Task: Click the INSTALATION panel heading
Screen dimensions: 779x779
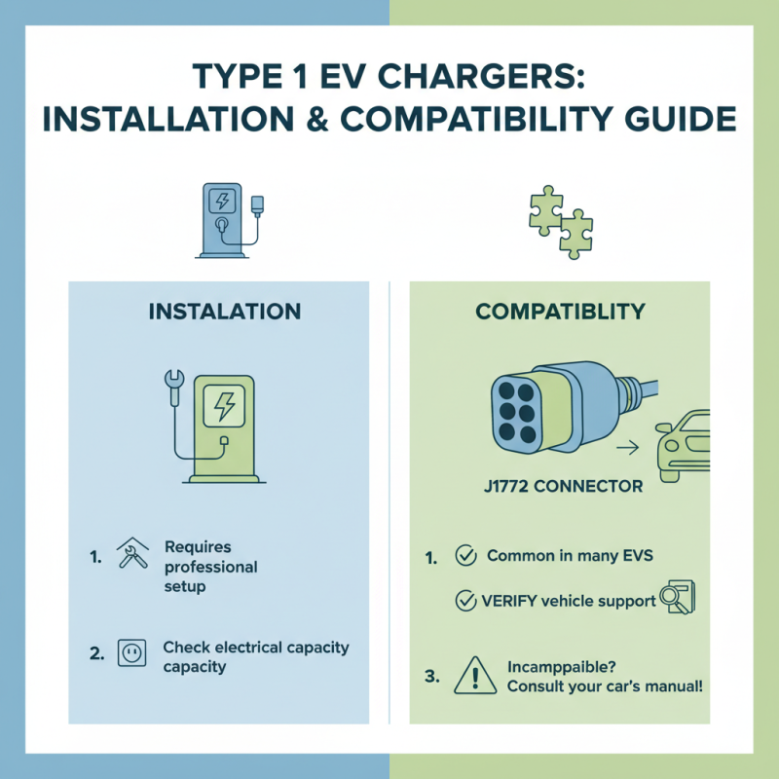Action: click(x=224, y=313)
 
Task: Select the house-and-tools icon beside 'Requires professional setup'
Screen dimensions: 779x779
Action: click(x=131, y=558)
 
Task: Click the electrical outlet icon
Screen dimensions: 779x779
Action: click(x=130, y=653)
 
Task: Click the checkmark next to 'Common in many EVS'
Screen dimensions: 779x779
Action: click(x=465, y=556)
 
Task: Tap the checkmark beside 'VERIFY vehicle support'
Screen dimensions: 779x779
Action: click(x=465, y=601)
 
